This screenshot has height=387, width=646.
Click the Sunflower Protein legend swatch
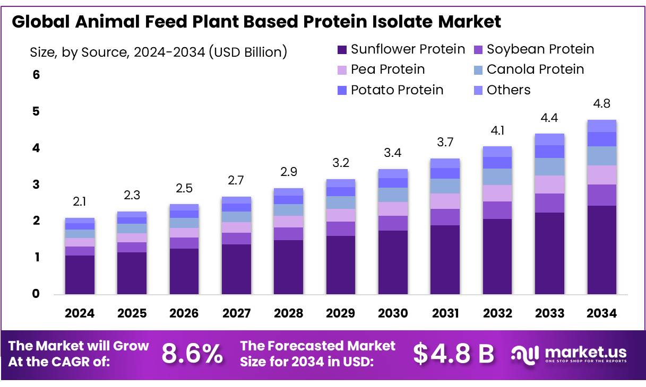(342, 50)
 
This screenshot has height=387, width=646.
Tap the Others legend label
(509, 90)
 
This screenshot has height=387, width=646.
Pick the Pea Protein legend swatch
(342, 70)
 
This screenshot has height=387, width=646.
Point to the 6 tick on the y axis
(36, 75)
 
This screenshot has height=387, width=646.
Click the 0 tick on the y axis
(36, 294)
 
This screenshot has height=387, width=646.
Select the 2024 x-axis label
(80, 313)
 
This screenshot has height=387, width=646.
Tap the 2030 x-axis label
(393, 313)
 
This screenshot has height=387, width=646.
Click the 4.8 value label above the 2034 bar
(601, 103)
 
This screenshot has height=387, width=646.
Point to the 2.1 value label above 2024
(80, 201)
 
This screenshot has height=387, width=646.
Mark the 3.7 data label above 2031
(445, 142)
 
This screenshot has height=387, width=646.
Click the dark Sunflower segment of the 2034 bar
(601, 249)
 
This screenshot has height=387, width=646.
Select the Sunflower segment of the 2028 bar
(288, 267)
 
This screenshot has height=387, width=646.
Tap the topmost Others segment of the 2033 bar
(549, 139)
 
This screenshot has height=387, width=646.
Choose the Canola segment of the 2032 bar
(497, 177)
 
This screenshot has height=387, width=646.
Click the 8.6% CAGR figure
(192, 354)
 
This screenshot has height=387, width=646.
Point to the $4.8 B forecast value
(453, 354)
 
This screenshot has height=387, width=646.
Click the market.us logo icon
(525, 354)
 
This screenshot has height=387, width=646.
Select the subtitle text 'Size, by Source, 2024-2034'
(117, 52)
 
